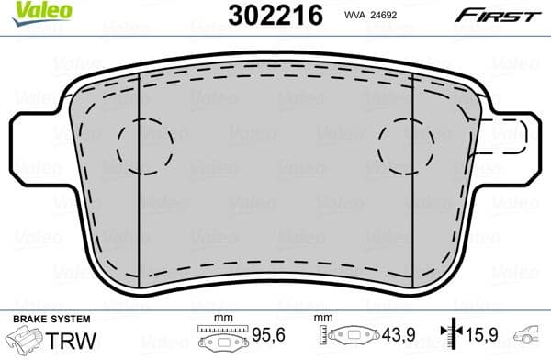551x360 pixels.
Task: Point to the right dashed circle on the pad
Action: click(406, 144)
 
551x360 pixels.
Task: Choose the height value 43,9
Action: click(395, 336)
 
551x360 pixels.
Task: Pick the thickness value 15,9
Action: click(484, 336)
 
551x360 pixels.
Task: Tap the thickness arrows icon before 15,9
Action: click(449, 336)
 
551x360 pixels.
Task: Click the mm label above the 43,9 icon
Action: click(323, 319)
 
